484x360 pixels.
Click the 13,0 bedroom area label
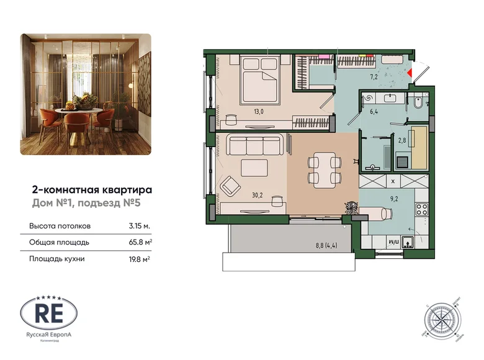coord(241,112)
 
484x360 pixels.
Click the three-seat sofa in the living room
coord(255,146)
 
